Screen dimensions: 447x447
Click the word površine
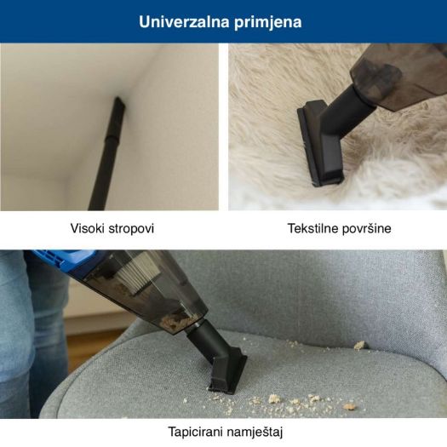(x=366, y=229)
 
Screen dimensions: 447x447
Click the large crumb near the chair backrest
(x=359, y=345)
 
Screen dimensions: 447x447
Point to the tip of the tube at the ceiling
(x=117, y=101)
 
